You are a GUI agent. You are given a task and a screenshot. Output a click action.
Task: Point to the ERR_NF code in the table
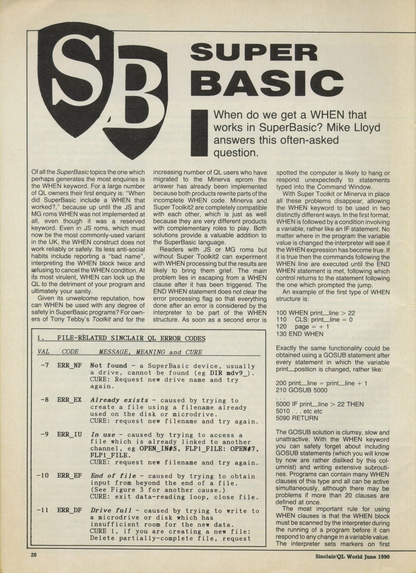(x=69, y=366)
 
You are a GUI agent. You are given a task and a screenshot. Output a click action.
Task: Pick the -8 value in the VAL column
(x=44, y=400)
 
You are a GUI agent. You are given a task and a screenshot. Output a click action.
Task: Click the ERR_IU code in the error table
(x=69, y=435)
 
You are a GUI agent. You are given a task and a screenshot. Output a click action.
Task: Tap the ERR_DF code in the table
(x=69, y=511)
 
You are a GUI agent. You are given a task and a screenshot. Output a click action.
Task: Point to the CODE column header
(x=70, y=352)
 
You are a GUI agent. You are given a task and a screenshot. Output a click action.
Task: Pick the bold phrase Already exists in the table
(x=119, y=400)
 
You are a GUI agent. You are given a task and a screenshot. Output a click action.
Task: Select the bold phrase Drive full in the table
(x=113, y=511)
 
